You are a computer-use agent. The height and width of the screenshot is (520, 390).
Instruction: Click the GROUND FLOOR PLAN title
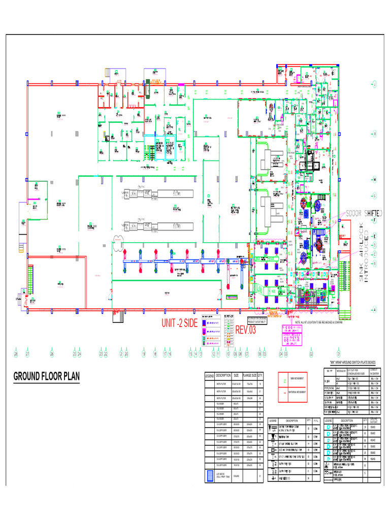(46, 377)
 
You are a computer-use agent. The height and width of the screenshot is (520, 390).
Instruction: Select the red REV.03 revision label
(246, 330)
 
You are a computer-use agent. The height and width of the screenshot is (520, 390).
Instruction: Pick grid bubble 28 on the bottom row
(16, 354)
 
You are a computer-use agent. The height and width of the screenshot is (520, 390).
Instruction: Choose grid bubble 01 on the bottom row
(339, 354)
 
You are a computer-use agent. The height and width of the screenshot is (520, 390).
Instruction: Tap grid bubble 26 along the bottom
(52, 354)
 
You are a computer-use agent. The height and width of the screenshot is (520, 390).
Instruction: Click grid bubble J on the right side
(374, 84)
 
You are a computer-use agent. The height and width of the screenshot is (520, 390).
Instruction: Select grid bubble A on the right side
(374, 310)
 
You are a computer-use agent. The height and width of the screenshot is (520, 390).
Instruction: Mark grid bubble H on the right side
(374, 180)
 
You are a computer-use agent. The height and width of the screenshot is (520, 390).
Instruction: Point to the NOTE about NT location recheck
(315, 322)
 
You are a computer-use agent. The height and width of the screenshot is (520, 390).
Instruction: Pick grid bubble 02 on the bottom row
(311, 354)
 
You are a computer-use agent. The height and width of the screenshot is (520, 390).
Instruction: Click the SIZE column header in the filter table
(236, 375)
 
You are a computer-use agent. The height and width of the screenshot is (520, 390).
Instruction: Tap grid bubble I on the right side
(374, 133)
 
